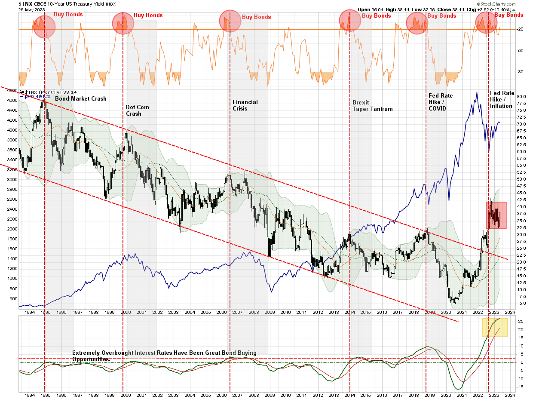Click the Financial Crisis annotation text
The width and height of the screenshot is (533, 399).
[x=245, y=105]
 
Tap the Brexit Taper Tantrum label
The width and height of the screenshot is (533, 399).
[x=372, y=105]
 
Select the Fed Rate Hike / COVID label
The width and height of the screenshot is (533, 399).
[x=441, y=101]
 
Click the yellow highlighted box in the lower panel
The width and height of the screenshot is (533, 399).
[x=495, y=327]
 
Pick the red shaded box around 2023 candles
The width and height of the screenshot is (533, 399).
[x=496, y=215]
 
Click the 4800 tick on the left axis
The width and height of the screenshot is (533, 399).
[x=11, y=91]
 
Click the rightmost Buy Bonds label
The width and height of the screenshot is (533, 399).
[x=509, y=15]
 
